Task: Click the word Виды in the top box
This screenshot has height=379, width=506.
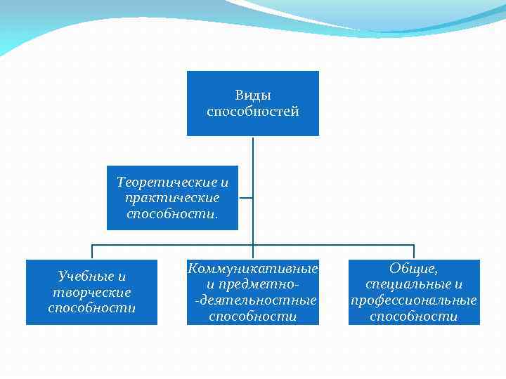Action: tap(252, 95)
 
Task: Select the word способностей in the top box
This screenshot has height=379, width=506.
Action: tap(253, 112)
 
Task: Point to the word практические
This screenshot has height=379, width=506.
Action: tap(172, 197)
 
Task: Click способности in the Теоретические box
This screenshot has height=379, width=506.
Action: tap(172, 213)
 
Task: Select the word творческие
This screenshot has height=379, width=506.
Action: tap(91, 292)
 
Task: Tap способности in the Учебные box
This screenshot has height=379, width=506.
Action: tap(91, 307)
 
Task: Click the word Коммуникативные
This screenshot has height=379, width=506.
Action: tap(253, 269)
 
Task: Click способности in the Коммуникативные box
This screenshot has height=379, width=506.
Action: tap(253, 316)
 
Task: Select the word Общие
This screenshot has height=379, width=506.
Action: tap(414, 269)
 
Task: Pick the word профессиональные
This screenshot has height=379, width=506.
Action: tap(414, 300)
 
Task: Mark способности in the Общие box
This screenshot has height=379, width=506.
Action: tap(414, 316)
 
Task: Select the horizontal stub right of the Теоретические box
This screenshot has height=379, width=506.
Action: tap(246, 197)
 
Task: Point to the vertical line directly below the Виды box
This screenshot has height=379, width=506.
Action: tap(253, 151)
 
